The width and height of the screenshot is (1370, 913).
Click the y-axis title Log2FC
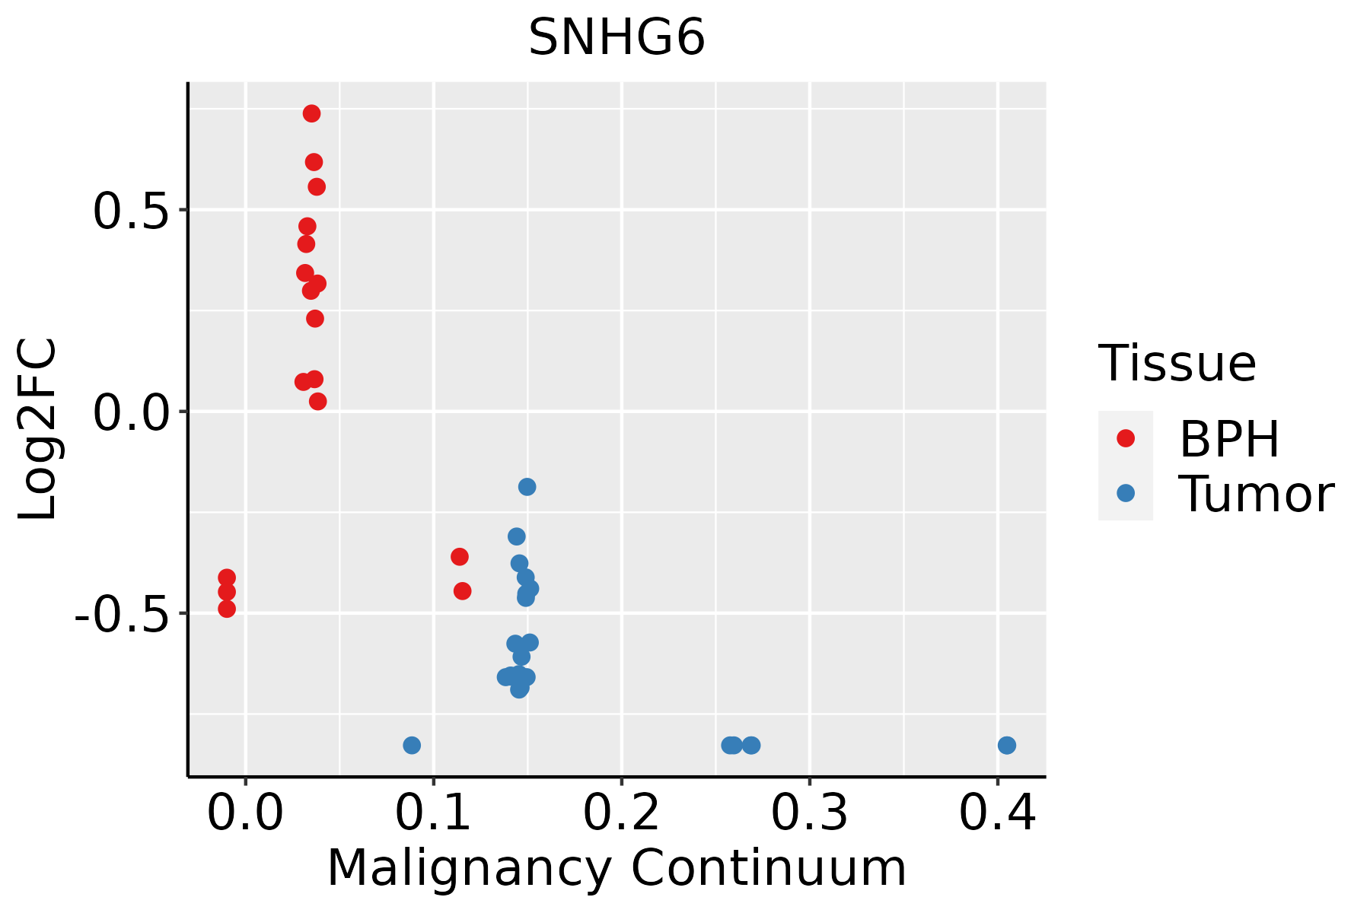[38, 430]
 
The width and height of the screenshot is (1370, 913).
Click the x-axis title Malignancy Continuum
[616, 868]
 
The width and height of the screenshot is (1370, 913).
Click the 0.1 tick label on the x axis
[433, 813]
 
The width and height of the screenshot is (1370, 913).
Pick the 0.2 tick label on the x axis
[621, 813]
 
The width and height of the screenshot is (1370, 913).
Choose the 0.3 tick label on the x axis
[809, 813]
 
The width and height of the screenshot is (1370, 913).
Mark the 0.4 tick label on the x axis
[997, 813]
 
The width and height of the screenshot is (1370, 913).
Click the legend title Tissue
[1177, 364]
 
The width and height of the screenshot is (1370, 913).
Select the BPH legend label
[1229, 439]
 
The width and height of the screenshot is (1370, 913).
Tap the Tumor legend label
[1257, 495]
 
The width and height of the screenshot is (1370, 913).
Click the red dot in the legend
[1126, 438]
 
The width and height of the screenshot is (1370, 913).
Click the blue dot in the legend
[1126, 493]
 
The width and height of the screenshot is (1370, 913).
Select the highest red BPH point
[311, 113]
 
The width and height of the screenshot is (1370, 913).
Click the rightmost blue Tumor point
[1007, 745]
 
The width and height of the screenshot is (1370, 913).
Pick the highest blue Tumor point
[527, 487]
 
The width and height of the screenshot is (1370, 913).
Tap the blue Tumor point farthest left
[412, 745]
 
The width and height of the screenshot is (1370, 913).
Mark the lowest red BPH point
[227, 609]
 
